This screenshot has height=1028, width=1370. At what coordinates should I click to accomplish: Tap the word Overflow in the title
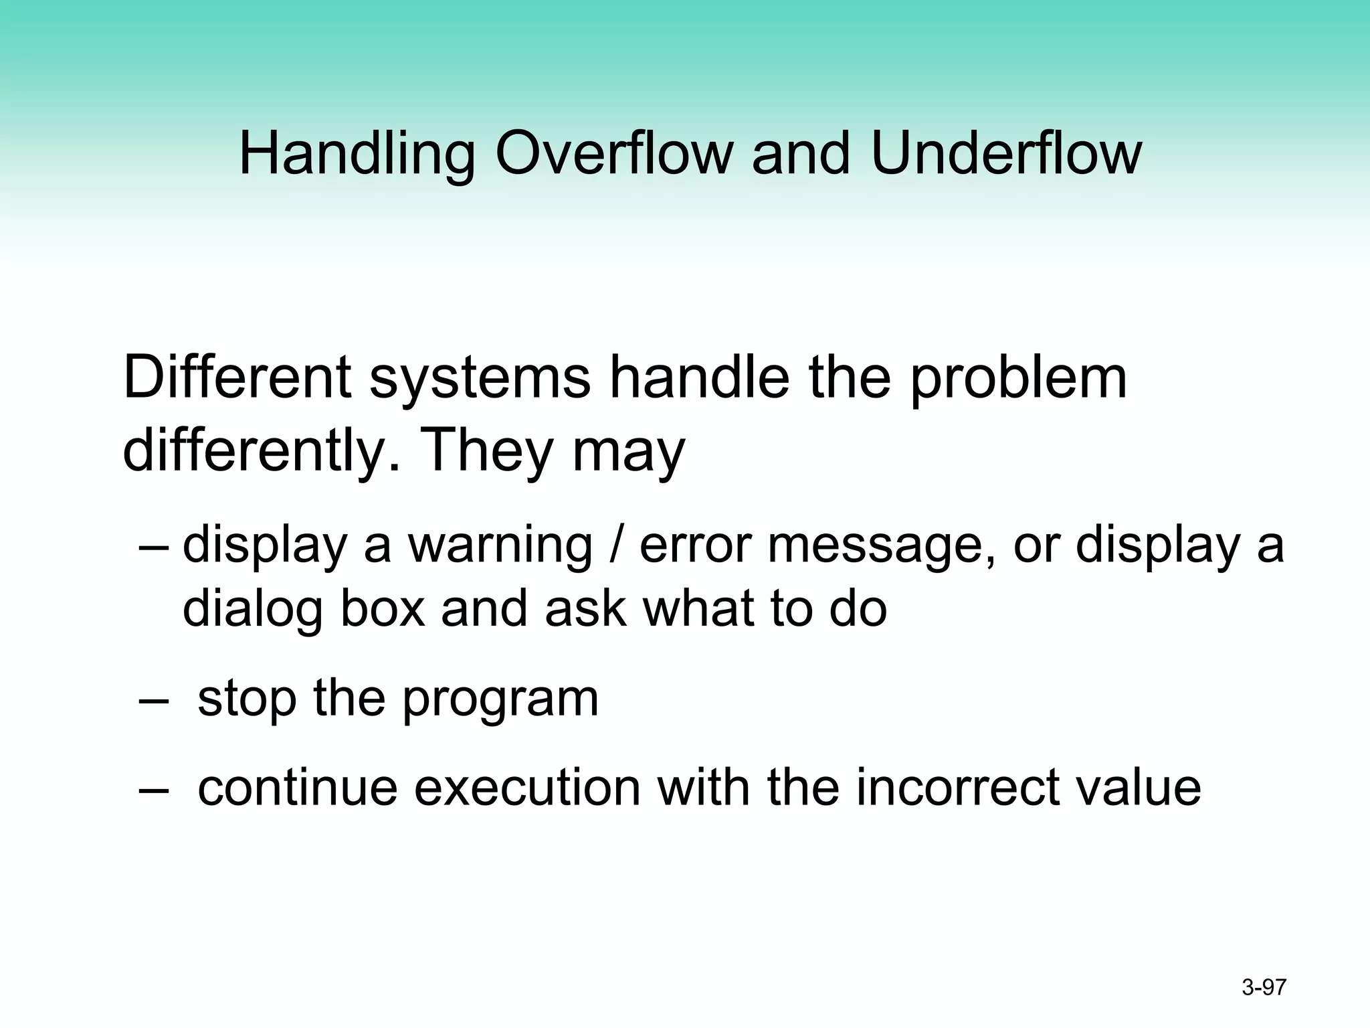pyautogui.click(x=614, y=154)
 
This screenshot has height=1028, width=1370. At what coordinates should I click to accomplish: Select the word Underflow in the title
pyautogui.click(x=1006, y=154)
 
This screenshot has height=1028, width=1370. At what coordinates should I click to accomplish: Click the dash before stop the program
pyautogui.click(x=153, y=700)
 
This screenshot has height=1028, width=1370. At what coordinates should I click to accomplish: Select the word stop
pyautogui.click(x=247, y=700)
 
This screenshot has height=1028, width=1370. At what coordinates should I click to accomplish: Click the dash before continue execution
pyautogui.click(x=153, y=788)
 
